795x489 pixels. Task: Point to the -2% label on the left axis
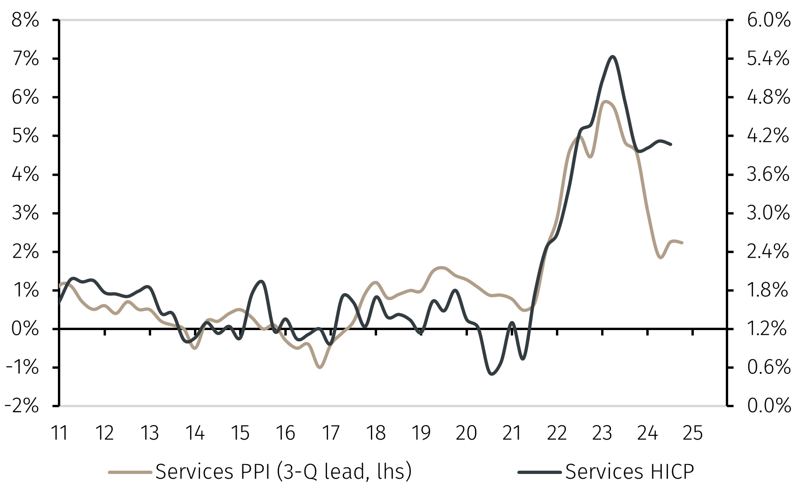click(23, 405)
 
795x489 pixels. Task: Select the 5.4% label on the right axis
click(768, 59)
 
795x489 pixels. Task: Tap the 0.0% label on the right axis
click(768, 405)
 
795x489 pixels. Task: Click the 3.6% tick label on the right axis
click(768, 174)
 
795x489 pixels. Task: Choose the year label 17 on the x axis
click(330, 433)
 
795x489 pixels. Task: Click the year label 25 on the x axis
click(692, 433)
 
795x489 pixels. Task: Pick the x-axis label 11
click(59, 433)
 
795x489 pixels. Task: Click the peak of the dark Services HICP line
click(612, 56)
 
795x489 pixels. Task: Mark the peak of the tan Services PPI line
click(606, 101)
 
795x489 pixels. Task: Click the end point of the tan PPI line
click(682, 243)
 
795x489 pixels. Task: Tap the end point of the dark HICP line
click(671, 144)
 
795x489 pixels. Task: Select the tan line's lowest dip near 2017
click(320, 367)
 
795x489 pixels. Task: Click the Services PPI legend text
click(283, 472)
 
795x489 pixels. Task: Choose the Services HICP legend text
click(629, 472)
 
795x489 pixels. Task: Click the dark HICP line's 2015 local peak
click(262, 281)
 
